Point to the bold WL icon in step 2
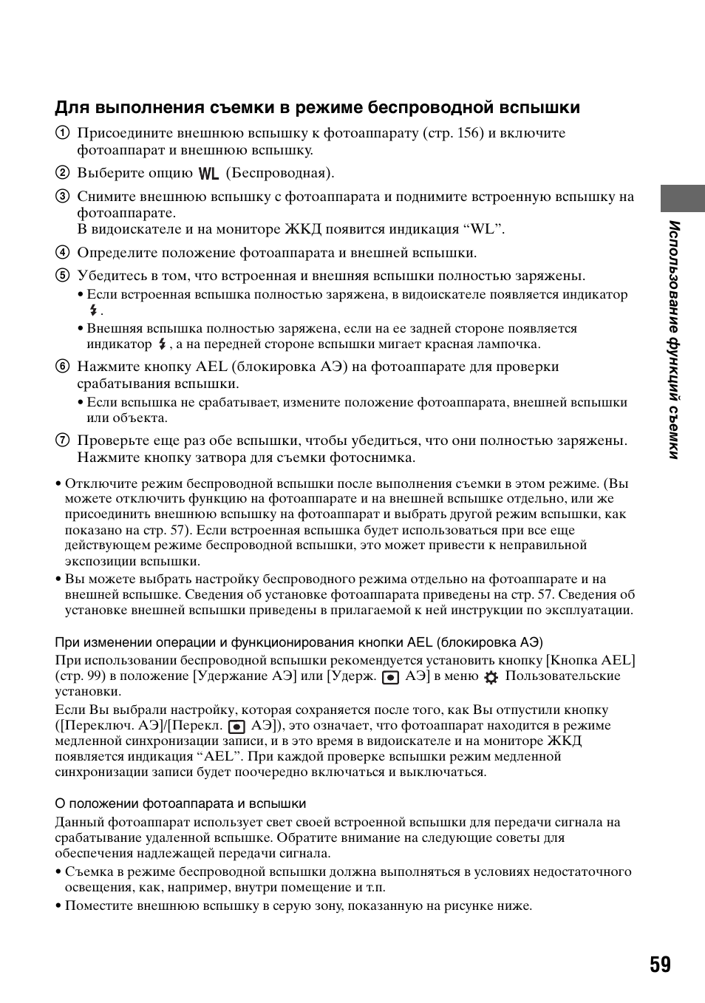[209, 174]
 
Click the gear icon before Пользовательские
[491, 676]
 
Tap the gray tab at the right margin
[682, 198]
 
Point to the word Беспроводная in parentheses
[279, 173]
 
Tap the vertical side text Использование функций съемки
[673, 339]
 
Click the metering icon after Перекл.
[236, 726]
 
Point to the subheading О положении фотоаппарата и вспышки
[180, 803]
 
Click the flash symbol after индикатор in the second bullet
[161, 344]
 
